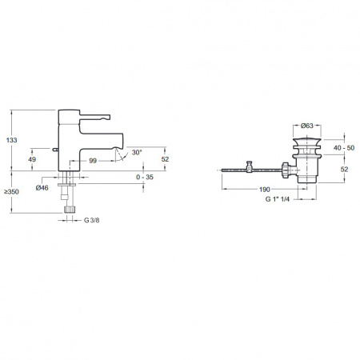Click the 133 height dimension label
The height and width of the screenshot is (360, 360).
coord(12,140)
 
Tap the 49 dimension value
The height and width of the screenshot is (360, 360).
coord(32,159)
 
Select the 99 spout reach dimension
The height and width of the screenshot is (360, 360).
coord(93,161)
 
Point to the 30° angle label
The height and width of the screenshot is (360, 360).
coord(137,153)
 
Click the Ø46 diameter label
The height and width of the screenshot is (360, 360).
coord(42,188)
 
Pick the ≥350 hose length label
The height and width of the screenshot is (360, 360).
coord(11,192)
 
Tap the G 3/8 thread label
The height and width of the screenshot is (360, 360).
coord(92,220)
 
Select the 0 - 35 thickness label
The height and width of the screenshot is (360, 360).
coord(145,177)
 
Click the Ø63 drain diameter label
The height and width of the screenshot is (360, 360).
coord(307,126)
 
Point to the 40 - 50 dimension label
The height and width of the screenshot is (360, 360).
coord(344,148)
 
